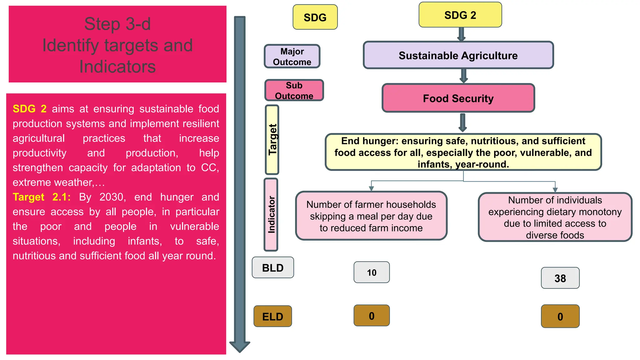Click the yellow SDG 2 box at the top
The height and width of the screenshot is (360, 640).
pyautogui.click(x=460, y=15)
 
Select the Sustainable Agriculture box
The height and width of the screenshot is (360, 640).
pyautogui.click(x=458, y=55)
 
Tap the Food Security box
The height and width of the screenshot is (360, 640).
pyautogui.click(x=458, y=98)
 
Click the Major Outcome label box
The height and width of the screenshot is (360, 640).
pyautogui.click(x=292, y=57)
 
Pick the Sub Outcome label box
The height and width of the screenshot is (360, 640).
pyautogui.click(x=294, y=90)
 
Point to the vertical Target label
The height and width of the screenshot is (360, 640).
pyautogui.click(x=272, y=140)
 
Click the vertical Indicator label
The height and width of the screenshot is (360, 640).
pyautogui.click(x=271, y=214)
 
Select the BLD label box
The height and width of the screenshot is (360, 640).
pyautogui.click(x=273, y=268)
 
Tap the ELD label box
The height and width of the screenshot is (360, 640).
pyautogui.click(x=273, y=317)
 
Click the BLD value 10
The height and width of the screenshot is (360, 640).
pyautogui.click(x=372, y=272)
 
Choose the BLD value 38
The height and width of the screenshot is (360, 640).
pyautogui.click(x=560, y=278)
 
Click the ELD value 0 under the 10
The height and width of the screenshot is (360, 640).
pyautogui.click(x=372, y=316)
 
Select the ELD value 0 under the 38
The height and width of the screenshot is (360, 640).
pyautogui.click(x=560, y=317)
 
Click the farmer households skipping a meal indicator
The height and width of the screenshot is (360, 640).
pyautogui.click(x=371, y=216)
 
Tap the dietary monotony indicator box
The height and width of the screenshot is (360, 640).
pyautogui.click(x=555, y=217)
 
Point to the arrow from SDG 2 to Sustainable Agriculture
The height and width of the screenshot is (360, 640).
pyautogui.click(x=461, y=34)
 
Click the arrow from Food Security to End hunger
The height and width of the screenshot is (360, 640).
pyautogui.click(x=463, y=122)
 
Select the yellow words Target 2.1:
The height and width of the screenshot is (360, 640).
pyautogui.click(x=42, y=197)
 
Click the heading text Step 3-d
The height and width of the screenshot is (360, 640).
pyautogui.click(x=117, y=24)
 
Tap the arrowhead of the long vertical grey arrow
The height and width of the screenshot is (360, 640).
pyautogui.click(x=240, y=346)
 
